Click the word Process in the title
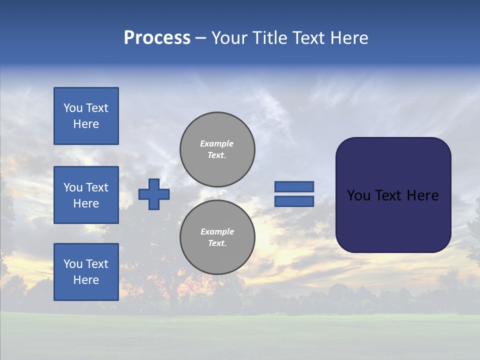[x=157, y=38]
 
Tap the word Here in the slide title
[x=348, y=38]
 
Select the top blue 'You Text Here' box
[x=86, y=116]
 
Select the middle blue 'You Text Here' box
[x=86, y=195]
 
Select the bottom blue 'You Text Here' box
[x=86, y=272]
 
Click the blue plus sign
[x=154, y=194]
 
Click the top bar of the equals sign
[x=294, y=187]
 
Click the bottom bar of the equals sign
[x=294, y=201]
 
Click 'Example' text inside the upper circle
[x=216, y=143]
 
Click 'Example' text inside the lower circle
[x=217, y=231]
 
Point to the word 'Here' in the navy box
[x=422, y=195]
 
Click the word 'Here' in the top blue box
[x=86, y=124]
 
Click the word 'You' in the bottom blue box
[x=73, y=264]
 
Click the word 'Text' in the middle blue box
[x=97, y=187]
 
